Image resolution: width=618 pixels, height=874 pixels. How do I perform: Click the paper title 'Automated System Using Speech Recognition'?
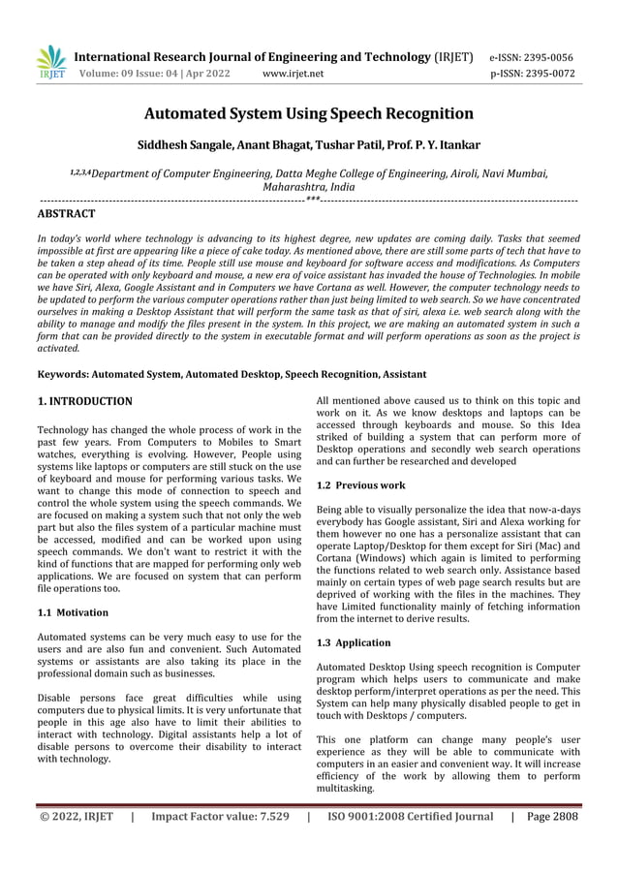point(309,113)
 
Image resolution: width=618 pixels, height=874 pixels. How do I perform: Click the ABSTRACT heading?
point(66,213)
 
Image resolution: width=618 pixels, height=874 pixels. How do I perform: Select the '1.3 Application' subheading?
point(355,642)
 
